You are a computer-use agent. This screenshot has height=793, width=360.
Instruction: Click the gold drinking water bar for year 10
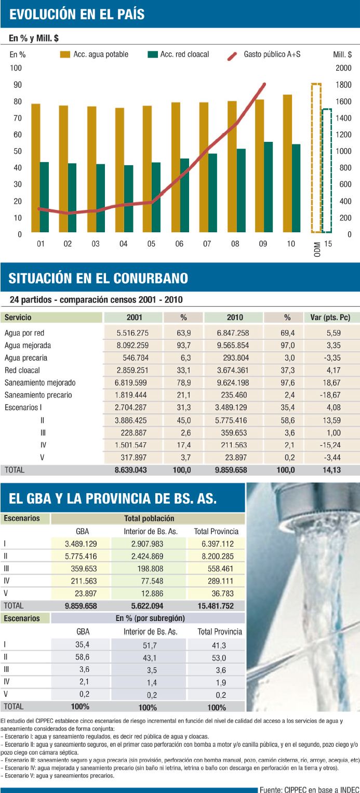[x=287, y=163]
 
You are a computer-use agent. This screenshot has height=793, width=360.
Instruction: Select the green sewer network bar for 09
[x=268, y=187]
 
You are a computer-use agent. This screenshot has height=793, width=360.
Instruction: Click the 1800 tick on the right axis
[x=342, y=85]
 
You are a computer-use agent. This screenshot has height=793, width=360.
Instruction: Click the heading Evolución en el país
[x=77, y=14]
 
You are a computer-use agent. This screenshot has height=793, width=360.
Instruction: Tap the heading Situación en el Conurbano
[x=98, y=279]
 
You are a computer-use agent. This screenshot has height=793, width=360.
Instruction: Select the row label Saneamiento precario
[x=38, y=395]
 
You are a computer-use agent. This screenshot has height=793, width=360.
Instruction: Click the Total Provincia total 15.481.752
[x=216, y=606]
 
